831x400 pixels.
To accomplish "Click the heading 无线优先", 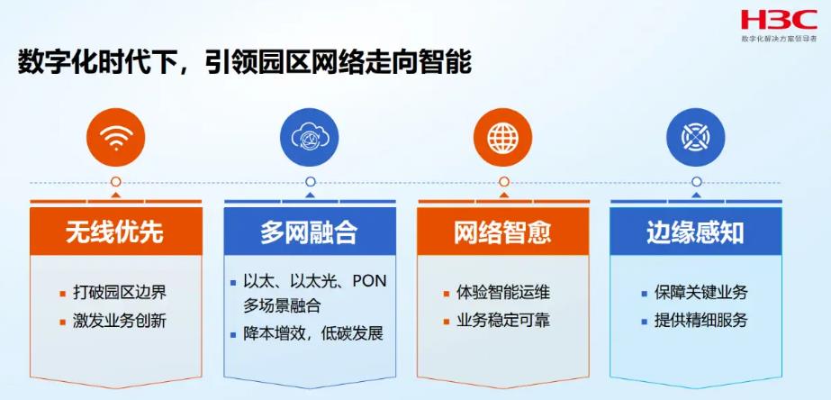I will click(114, 232).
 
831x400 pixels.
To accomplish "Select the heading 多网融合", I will click(309, 232).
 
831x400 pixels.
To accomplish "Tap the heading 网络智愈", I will click(502, 232).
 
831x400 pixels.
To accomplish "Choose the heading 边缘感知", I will click(695, 232).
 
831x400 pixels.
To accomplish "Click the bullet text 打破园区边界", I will click(120, 293).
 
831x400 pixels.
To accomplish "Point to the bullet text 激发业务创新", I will click(120, 321).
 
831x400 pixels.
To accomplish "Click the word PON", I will click(368, 281).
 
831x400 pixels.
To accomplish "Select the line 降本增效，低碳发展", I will click(313, 333).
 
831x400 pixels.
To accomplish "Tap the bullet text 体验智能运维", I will click(503, 293).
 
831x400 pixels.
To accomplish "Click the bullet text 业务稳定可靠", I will click(503, 321).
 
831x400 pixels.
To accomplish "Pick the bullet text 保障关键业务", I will click(700, 293).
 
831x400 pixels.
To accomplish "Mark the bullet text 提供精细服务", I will click(700, 321).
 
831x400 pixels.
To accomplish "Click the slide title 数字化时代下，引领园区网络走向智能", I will click(244, 63).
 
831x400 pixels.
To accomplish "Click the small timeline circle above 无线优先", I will click(115, 182).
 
